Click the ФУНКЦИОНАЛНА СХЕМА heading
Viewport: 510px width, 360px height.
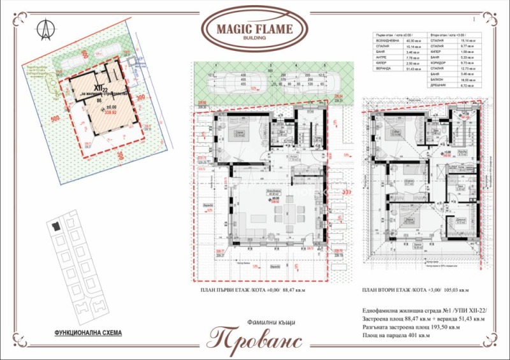(x=87, y=333)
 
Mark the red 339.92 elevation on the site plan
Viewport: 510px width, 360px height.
(x=110, y=113)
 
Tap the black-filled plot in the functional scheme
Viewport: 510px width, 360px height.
(x=55, y=226)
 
